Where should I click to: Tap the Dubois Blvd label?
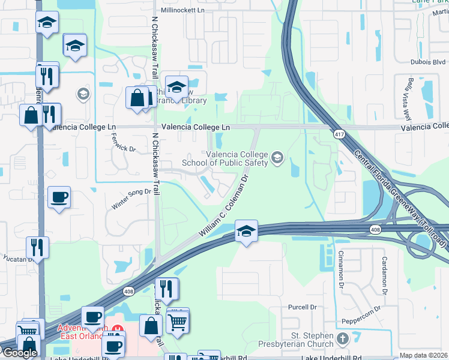429,61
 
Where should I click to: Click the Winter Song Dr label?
130,199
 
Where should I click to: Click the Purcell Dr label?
302,307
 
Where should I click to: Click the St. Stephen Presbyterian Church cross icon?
343,339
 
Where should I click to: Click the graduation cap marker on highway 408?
246,230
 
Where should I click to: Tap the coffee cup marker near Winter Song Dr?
59,197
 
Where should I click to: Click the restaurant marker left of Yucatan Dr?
37,248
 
